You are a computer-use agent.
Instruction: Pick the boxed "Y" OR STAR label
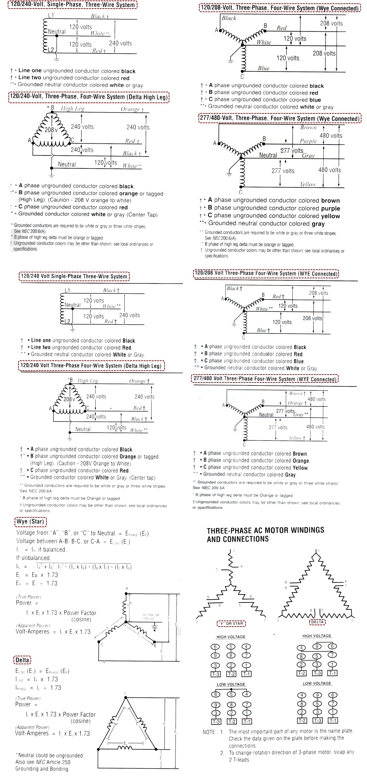[x=231, y=623]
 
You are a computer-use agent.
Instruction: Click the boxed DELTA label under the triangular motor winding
[x=317, y=622]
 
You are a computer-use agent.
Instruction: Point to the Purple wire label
[x=308, y=141]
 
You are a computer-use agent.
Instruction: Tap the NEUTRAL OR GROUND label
[x=151, y=617]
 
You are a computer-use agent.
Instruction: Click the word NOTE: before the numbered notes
[x=209, y=732]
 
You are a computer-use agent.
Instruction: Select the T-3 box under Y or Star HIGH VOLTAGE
[x=215, y=674]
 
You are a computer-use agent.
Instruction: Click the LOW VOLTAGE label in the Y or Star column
[x=231, y=684]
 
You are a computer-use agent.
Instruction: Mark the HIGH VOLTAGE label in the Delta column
[x=317, y=636]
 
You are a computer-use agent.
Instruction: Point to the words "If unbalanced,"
[x=33, y=558]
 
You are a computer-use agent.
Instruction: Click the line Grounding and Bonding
[x=42, y=769]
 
